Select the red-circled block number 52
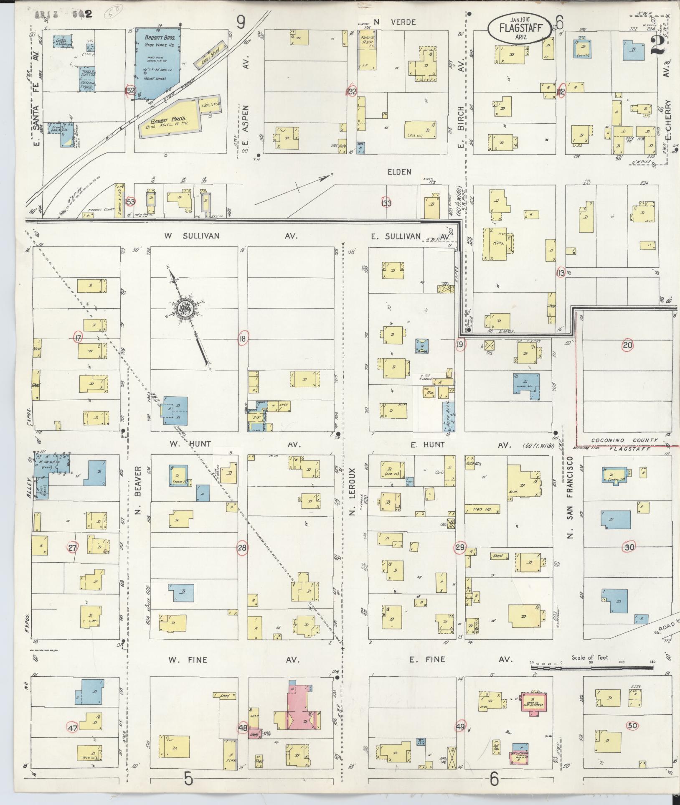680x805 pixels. [x=131, y=91]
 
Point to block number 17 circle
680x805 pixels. [x=78, y=337]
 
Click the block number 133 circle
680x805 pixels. [x=386, y=203]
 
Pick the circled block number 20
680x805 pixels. [x=627, y=345]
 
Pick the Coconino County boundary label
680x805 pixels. [x=624, y=440]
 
